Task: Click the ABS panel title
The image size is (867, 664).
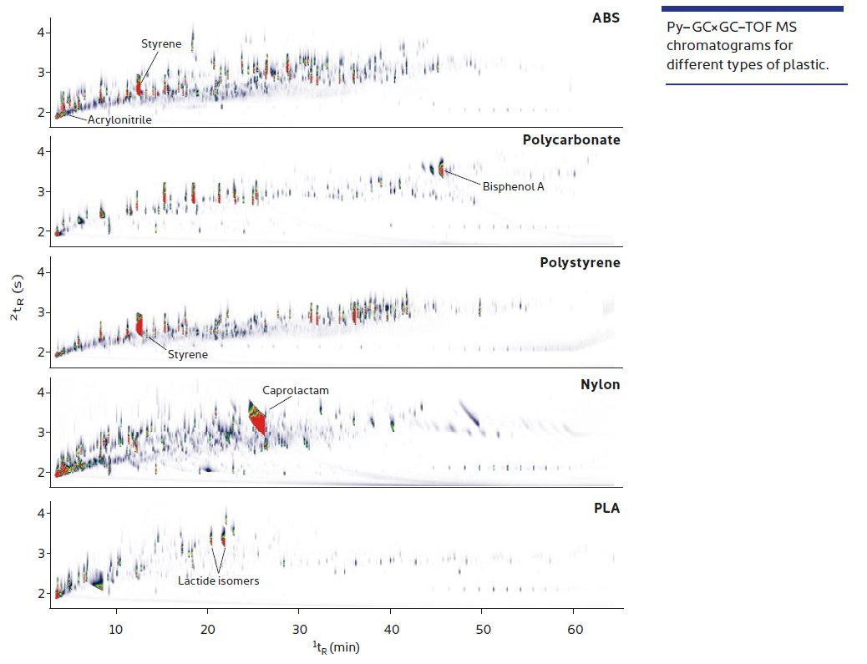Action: click(605, 18)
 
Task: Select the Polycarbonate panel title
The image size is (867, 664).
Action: click(571, 139)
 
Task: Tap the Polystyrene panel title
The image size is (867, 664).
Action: click(580, 262)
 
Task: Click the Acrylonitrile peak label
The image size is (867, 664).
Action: click(119, 120)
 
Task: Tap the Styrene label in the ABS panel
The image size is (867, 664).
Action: click(160, 43)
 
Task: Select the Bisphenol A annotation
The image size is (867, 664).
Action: click(513, 186)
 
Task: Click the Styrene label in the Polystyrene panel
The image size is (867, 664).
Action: click(188, 355)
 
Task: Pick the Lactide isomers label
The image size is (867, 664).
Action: click(218, 580)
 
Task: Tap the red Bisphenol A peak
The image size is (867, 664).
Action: click(442, 170)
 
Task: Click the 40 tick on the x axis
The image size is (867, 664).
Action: click(391, 627)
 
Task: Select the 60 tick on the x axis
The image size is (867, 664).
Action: click(574, 627)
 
